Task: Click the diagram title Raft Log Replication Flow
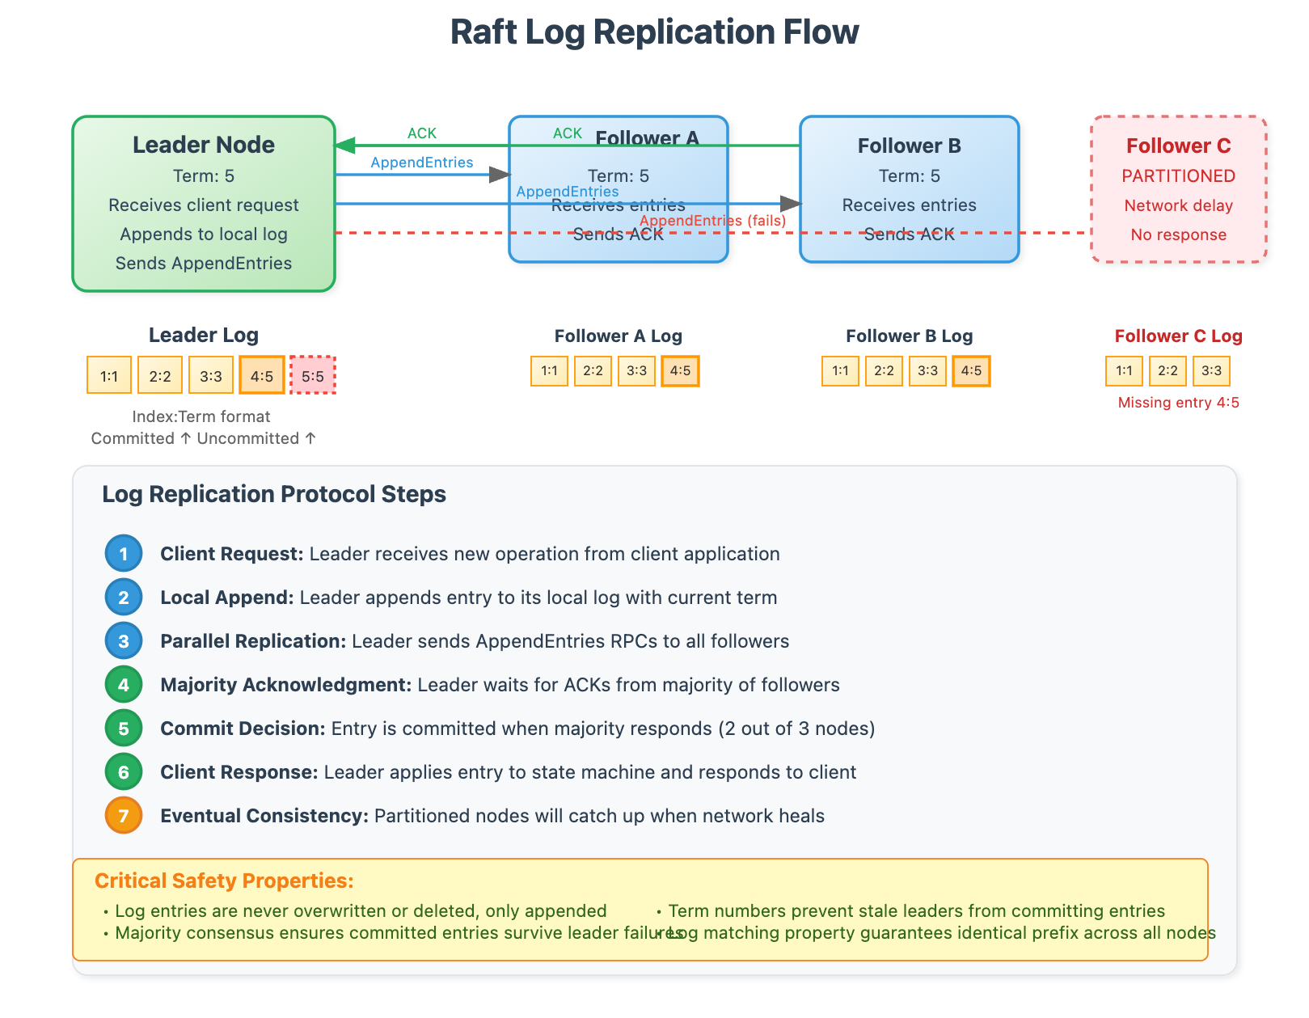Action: coord(654,32)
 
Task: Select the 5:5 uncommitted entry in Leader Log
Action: coord(313,376)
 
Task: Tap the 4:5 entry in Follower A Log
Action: coord(680,371)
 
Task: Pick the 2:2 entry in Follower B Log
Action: coord(884,371)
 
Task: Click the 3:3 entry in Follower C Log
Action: coord(1211,371)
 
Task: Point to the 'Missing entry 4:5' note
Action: coord(1178,403)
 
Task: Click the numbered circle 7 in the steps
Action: coord(124,815)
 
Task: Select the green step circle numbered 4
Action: coord(124,685)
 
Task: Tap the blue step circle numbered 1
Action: coord(124,554)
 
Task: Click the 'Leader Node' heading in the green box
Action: coord(204,145)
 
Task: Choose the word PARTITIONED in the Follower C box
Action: coord(1178,176)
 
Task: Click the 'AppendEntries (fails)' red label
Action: coord(712,221)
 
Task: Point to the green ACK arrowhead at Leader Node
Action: coord(346,146)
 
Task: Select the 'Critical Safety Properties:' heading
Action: coord(224,881)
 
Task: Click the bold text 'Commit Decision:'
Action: coord(243,729)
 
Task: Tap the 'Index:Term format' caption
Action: coord(201,416)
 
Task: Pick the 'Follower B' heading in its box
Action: coord(909,146)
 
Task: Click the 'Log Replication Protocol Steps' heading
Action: coord(274,494)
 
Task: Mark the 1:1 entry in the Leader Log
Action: coord(109,376)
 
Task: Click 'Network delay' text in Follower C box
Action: coord(1178,205)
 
